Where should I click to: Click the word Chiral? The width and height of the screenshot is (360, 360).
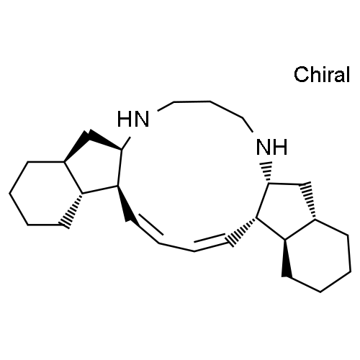click(322, 74)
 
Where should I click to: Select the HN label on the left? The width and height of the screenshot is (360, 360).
click(133, 119)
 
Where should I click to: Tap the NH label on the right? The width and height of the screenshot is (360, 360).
click(271, 147)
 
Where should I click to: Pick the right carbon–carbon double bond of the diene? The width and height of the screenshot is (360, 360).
click(211, 242)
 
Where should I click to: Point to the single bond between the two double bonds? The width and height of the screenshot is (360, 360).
click(176, 247)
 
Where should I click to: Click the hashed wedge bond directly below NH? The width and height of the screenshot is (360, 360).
click(267, 172)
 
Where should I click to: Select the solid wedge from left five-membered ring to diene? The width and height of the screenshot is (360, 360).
click(125, 203)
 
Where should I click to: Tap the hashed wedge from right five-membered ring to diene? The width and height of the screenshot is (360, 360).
click(242, 232)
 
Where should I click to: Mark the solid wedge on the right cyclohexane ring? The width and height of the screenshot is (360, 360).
click(287, 258)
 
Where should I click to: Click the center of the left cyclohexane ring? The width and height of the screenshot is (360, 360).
click(46, 193)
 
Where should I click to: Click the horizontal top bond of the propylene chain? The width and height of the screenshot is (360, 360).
click(192, 102)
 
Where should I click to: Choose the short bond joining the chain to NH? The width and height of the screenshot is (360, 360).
click(248, 125)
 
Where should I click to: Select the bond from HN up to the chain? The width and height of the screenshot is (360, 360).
click(166, 107)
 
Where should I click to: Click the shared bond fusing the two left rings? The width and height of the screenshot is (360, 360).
click(73, 178)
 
